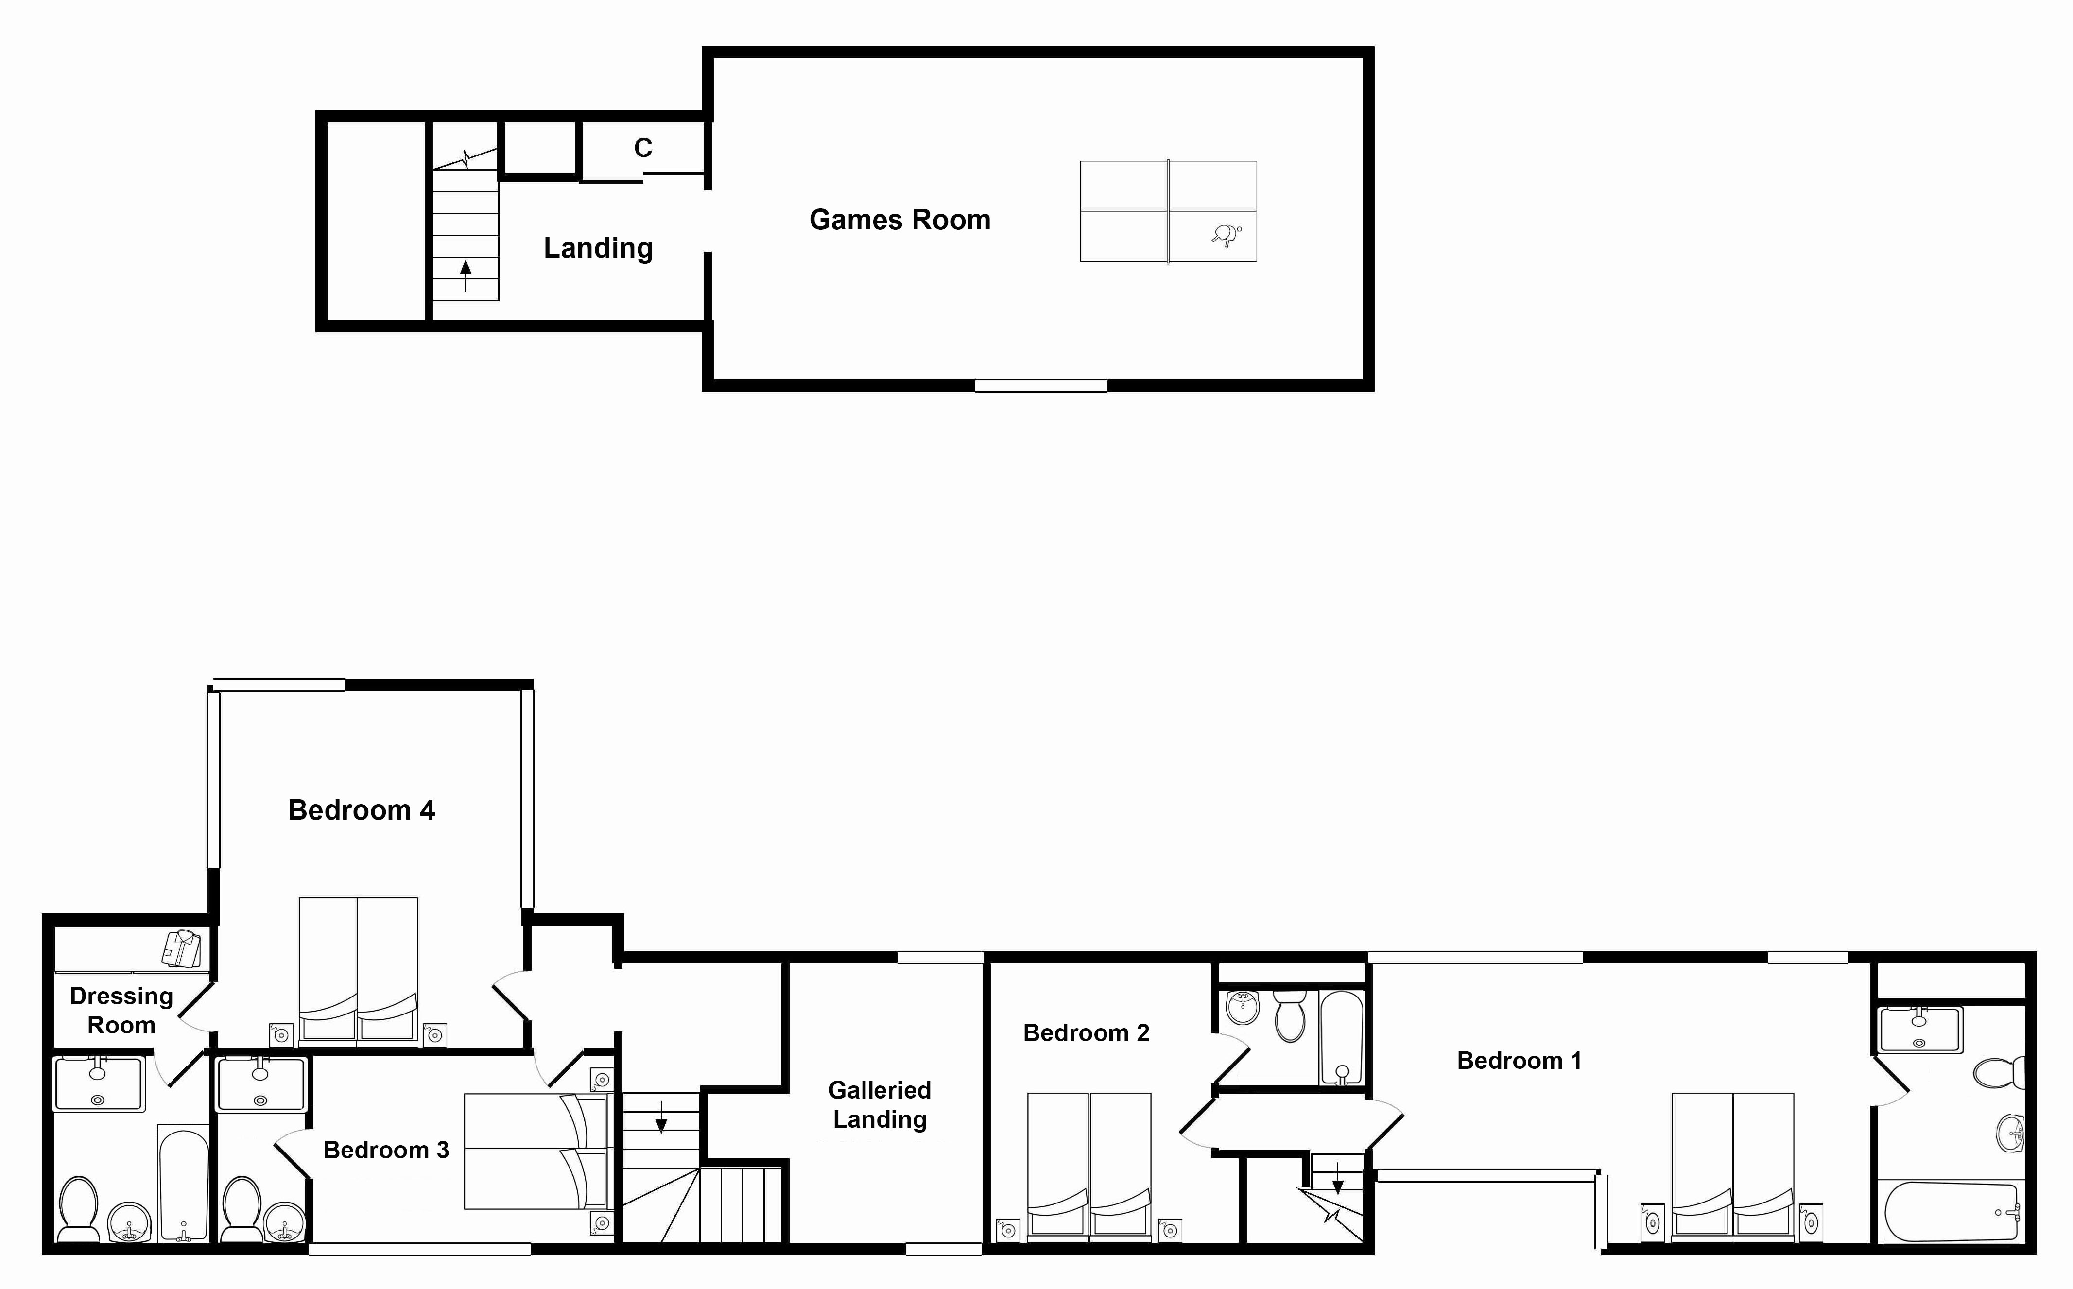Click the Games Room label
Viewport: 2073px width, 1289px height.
[899, 220]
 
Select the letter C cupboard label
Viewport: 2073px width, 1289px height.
[643, 148]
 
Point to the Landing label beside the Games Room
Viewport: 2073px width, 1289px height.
[598, 248]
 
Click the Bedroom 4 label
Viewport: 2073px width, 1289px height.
[362, 810]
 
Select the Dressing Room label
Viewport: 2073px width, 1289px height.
[121, 1010]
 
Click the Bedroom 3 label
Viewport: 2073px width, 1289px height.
[386, 1150]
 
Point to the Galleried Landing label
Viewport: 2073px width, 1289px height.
[880, 1105]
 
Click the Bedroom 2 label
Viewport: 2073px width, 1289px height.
[1086, 1033]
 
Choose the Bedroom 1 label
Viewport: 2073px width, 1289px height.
[1519, 1061]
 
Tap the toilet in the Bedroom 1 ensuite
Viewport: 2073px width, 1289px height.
[1999, 1072]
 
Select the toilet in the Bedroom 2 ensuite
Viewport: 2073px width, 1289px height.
[1291, 1016]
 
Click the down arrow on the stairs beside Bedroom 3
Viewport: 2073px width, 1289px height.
[660, 1117]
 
